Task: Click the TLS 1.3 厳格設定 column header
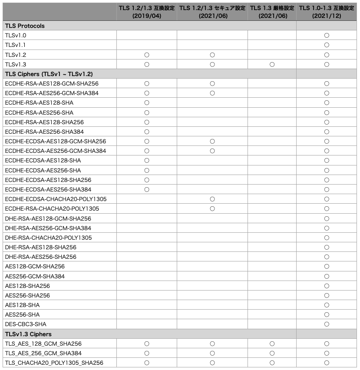click(272, 12)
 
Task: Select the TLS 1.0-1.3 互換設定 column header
click(327, 12)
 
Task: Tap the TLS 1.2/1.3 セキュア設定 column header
click(212, 12)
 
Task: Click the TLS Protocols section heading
click(25, 26)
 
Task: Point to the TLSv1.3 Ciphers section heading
click(28, 334)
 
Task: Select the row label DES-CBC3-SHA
click(25, 324)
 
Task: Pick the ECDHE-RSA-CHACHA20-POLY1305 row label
click(52, 208)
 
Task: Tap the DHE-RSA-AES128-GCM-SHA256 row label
click(48, 218)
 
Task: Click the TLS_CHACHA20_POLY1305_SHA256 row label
click(54, 363)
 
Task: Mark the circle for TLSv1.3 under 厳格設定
click(272, 64)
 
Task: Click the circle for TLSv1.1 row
click(327, 45)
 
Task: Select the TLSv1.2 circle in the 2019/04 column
click(147, 55)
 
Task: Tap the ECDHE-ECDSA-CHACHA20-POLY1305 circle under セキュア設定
click(212, 199)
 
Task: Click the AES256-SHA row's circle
click(327, 314)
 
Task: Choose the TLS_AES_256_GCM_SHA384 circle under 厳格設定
click(272, 353)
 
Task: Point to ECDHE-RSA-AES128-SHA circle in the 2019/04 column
click(147, 103)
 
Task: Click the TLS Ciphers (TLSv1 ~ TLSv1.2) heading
click(49, 74)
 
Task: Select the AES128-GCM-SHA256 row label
click(35, 266)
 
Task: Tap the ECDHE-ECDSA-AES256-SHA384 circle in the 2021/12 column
click(327, 189)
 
